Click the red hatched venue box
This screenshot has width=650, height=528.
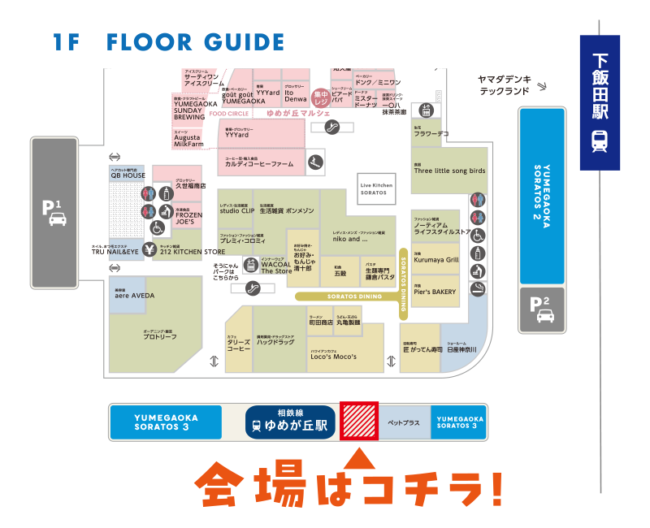click(x=358, y=421)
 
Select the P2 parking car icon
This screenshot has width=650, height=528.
click(x=541, y=316)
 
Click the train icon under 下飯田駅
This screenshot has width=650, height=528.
click(x=600, y=141)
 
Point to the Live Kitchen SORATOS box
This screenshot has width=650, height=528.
click(x=376, y=188)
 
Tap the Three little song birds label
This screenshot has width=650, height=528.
click(x=449, y=171)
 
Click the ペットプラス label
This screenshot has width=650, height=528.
click(x=404, y=423)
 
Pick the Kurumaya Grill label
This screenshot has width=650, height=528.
click(x=436, y=260)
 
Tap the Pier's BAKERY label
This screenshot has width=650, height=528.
click(x=435, y=291)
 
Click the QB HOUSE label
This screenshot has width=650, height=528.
click(x=128, y=175)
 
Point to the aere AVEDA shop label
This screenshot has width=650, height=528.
click(x=134, y=295)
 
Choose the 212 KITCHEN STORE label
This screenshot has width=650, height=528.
click(x=192, y=252)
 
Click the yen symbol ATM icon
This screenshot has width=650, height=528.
click(x=149, y=249)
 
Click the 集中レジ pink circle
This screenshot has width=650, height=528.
click(x=321, y=97)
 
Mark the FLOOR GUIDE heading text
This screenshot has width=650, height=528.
click(x=195, y=42)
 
